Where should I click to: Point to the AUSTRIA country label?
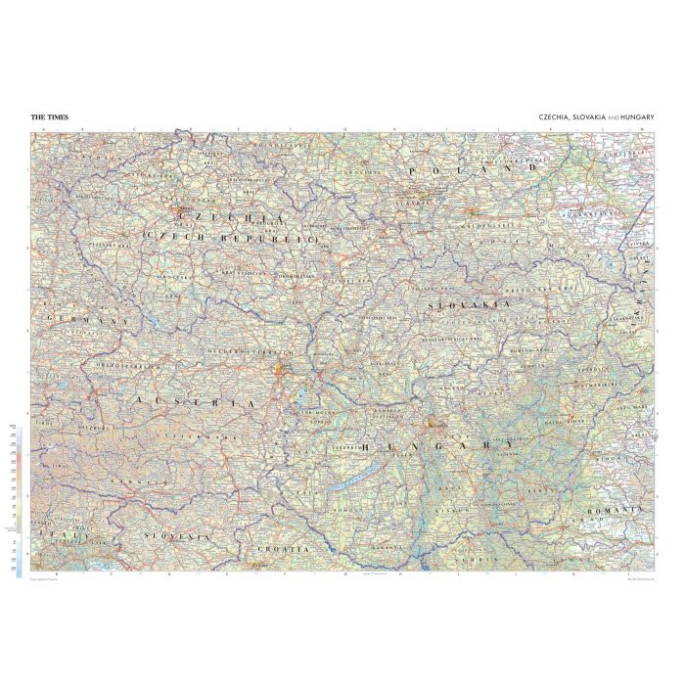tap(196, 402)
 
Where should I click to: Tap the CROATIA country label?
tap(282, 550)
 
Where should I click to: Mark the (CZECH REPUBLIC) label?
tap(231, 238)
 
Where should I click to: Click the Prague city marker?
tap(177, 208)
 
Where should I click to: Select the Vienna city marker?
tap(283, 370)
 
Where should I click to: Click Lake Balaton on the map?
tap(344, 480)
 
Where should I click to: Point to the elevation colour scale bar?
tap(19, 499)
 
